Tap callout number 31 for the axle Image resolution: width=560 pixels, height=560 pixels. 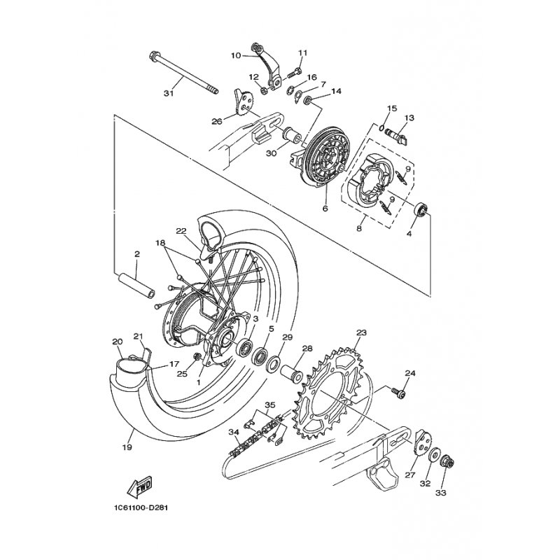(x=169, y=93)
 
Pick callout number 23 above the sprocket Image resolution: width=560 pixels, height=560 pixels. (x=361, y=332)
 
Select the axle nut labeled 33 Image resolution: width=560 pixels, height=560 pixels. (x=446, y=463)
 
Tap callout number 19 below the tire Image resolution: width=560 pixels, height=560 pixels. (x=127, y=447)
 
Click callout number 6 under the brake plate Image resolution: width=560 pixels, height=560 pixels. (x=325, y=209)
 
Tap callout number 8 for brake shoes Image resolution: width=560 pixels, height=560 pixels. (x=359, y=228)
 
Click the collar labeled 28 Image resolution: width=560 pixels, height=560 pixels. (x=292, y=373)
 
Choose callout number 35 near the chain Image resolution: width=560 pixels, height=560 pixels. (x=270, y=405)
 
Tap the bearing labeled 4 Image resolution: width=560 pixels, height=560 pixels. (x=421, y=209)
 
